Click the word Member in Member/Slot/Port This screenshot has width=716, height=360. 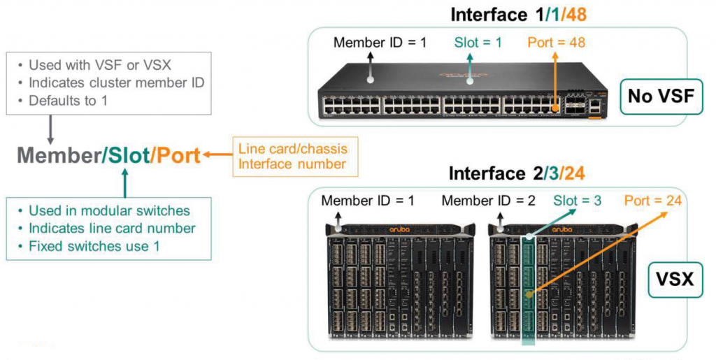58,155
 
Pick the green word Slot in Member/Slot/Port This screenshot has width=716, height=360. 127,155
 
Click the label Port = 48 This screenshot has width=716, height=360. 556,43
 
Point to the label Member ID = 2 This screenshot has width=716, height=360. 489,201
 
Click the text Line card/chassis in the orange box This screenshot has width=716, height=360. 292,148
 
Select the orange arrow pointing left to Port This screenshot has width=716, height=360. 217,155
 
